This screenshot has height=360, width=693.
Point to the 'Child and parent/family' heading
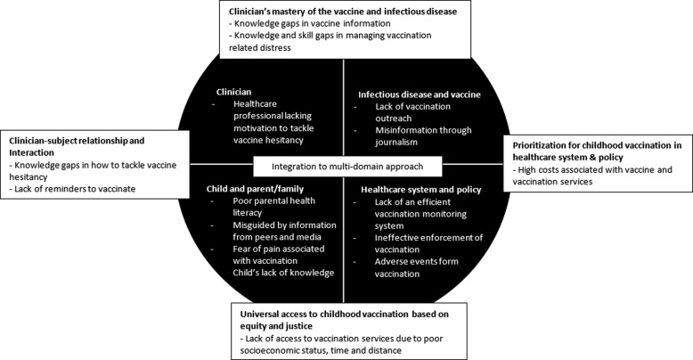click(253, 189)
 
